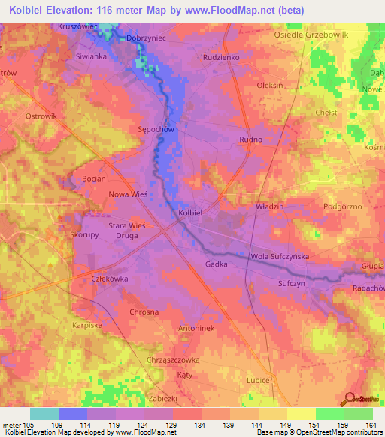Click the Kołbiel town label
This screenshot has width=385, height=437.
(190, 213)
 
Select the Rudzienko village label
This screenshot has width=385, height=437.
(220, 56)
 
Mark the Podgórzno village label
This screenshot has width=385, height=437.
(343, 205)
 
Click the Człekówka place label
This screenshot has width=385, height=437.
(110, 277)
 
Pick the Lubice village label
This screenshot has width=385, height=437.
(258, 381)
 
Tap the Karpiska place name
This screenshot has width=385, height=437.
(87, 326)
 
